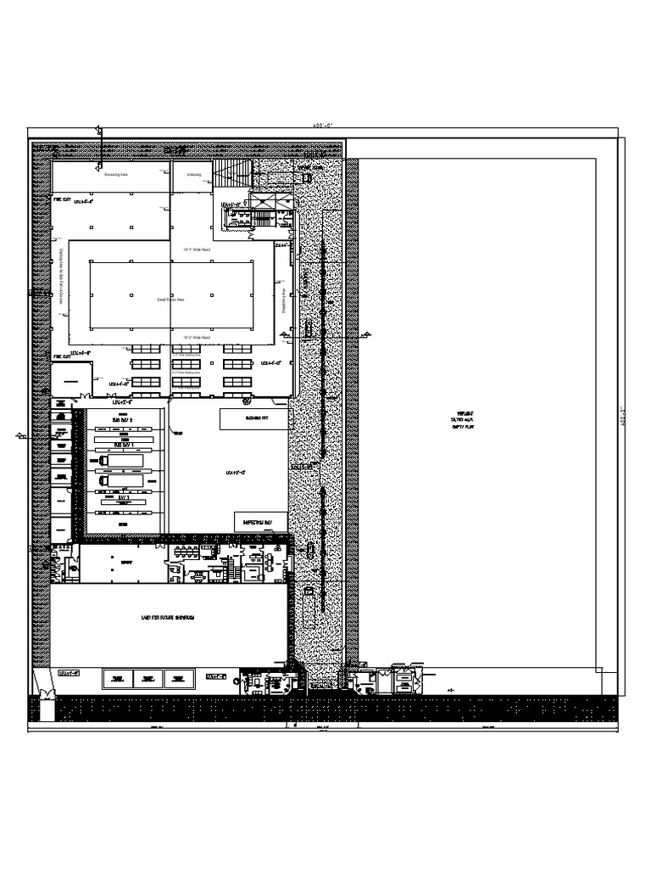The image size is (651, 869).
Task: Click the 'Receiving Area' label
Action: tap(115, 176)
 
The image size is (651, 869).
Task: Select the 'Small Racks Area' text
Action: tap(170, 300)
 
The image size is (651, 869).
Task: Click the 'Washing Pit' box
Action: tap(253, 418)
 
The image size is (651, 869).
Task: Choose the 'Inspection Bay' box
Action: tap(259, 521)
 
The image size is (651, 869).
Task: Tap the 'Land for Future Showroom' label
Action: tap(168, 620)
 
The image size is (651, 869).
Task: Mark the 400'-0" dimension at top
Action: tap(323, 125)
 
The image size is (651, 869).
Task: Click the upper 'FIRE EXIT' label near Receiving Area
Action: tap(62, 202)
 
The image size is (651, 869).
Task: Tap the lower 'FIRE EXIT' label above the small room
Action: tap(62, 357)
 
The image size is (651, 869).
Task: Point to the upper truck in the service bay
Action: tap(120, 461)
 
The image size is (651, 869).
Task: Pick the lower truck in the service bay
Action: tap(120, 480)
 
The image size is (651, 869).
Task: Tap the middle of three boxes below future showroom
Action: tap(147, 678)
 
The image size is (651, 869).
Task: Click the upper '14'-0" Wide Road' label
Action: tap(197, 249)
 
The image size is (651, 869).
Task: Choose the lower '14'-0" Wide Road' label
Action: tap(197, 337)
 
